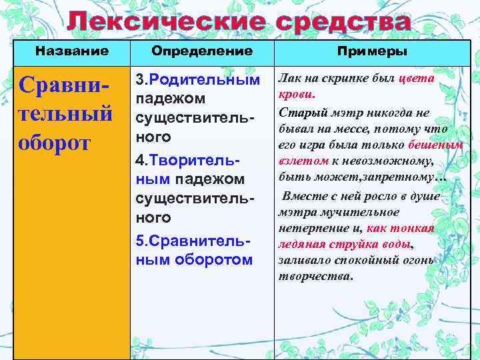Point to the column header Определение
pyautogui.click(x=202, y=51)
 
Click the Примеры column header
pyautogui.click(x=373, y=51)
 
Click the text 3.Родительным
pyautogui.click(x=197, y=79)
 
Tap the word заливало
pyautogui.click(x=301, y=260)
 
